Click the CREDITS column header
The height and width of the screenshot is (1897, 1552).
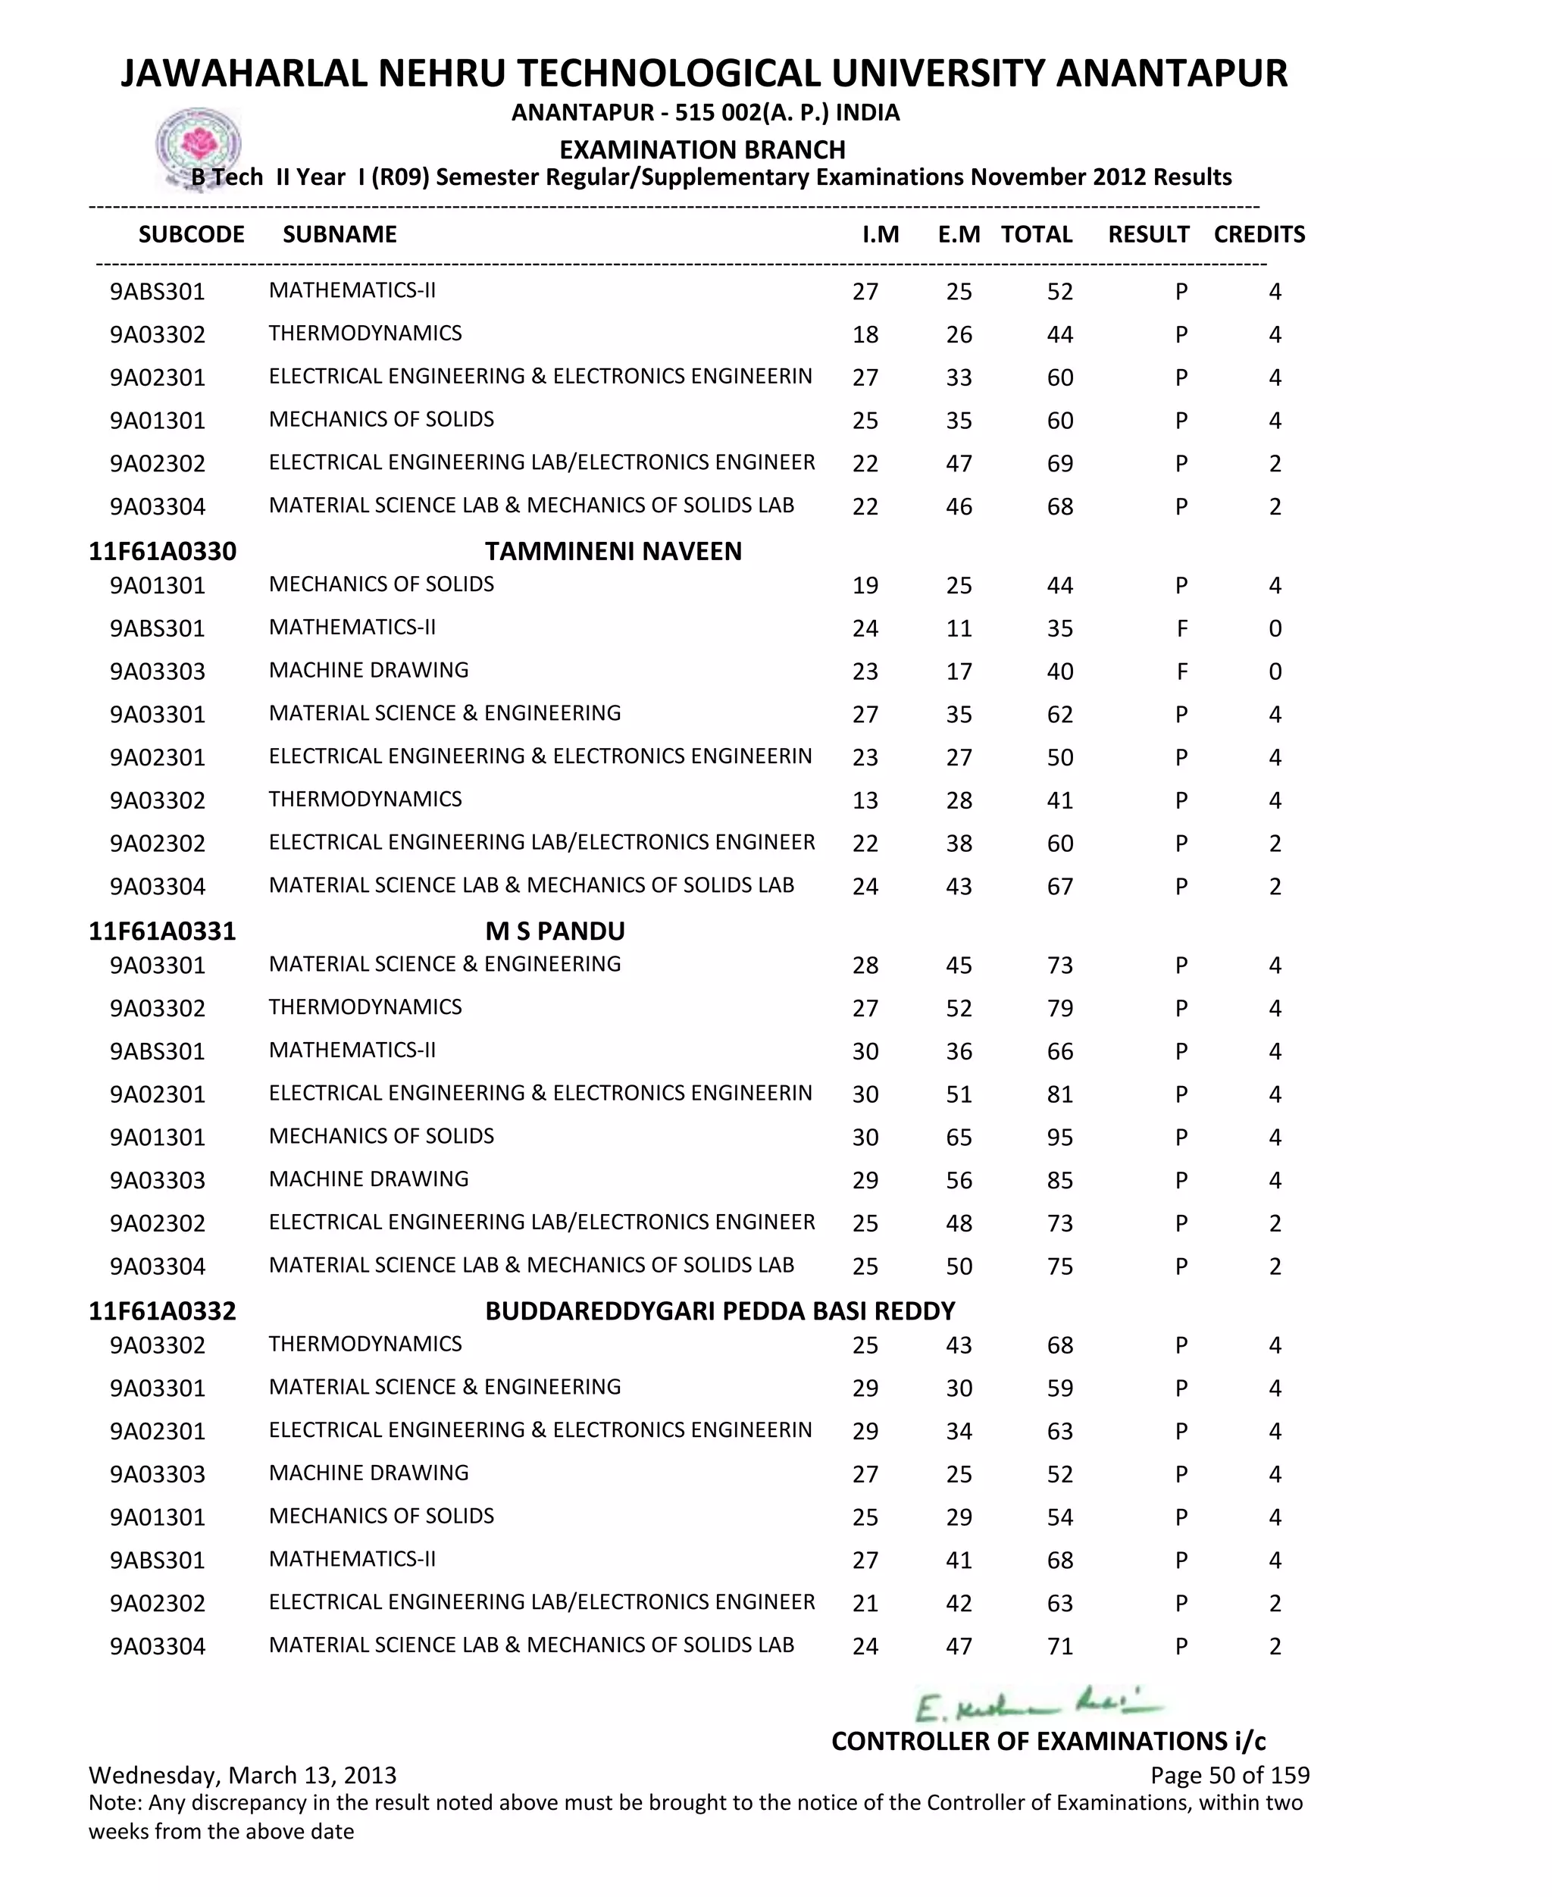coord(1259,234)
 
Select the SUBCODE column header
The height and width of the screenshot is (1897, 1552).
coord(191,234)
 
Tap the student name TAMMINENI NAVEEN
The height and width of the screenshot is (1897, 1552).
coord(613,551)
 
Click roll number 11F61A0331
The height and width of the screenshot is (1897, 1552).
coord(162,931)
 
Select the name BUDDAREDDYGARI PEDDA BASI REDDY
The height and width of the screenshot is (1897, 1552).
coord(720,1310)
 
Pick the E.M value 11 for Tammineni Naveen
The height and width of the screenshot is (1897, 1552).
coord(959,628)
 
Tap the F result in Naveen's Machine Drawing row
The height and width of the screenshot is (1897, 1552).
coord(1181,671)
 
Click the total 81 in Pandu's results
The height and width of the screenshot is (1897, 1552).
coord(1059,1094)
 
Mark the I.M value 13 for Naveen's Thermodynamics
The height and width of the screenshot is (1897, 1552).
coord(865,800)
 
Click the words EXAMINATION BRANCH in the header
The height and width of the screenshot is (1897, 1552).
coord(702,149)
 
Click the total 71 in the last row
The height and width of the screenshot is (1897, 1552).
coord(1059,1646)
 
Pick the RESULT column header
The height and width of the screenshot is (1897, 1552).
coord(1148,234)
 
